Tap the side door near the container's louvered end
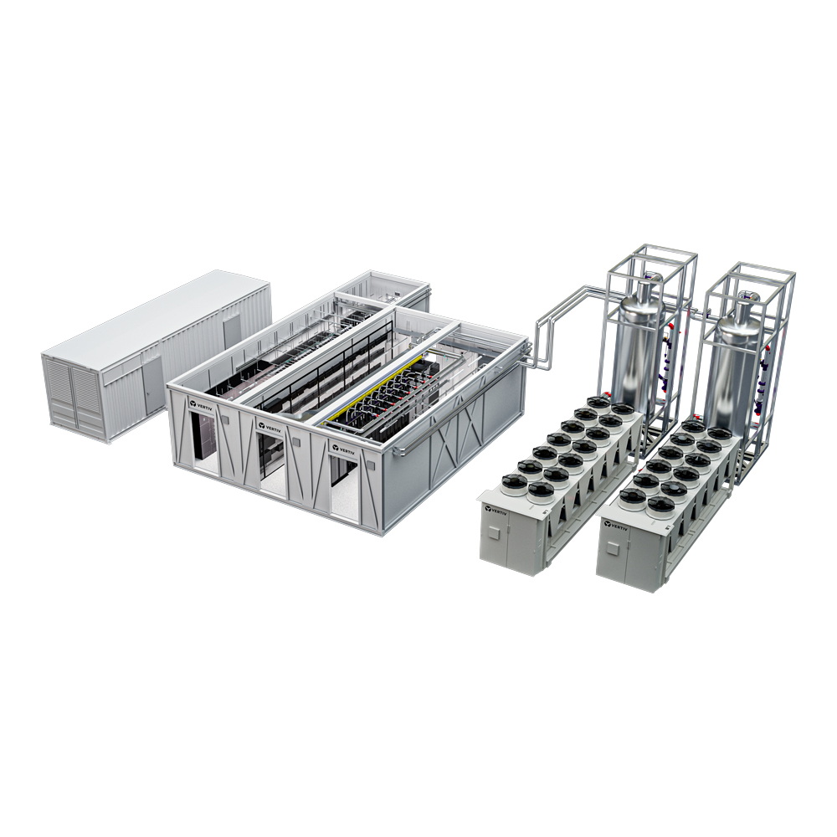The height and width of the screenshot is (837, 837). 152,384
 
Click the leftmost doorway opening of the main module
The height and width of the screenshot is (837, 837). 204,441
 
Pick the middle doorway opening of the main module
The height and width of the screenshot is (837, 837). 273,465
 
